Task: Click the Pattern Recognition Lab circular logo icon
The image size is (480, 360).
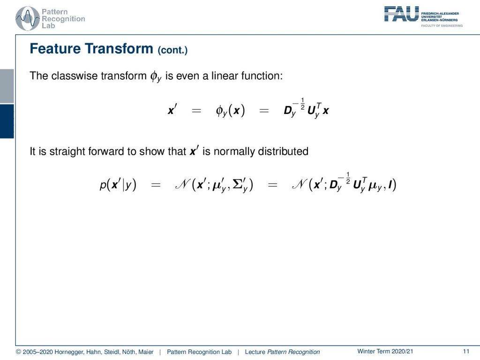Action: coord(28,18)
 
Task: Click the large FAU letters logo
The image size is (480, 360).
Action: coord(401,14)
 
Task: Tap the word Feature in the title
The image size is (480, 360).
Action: coord(55,49)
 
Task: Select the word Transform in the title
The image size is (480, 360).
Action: coord(119,49)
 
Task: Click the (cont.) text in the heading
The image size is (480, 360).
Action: coord(172,50)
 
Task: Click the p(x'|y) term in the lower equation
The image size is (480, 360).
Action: coord(118,185)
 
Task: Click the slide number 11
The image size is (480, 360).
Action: coord(466,352)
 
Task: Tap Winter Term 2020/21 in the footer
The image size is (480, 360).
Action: coord(385,352)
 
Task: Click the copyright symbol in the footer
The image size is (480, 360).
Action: coord(18,352)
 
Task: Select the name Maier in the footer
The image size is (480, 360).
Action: coord(146,352)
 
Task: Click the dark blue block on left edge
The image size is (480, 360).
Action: coord(7,121)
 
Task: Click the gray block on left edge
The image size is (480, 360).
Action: coord(7,86)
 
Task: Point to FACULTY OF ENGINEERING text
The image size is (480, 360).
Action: coord(442,26)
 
